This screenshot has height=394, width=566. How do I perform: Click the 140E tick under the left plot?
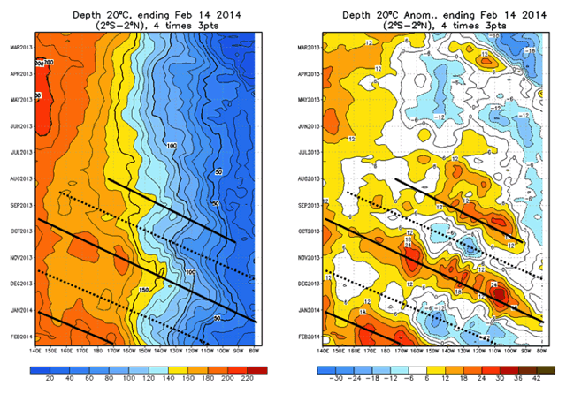(36, 352)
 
